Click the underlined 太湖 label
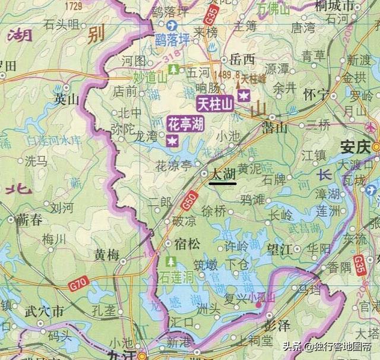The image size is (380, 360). [223, 174]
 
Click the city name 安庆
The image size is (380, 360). [355, 146]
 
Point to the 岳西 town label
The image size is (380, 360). [242, 59]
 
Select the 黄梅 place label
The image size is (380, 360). [106, 255]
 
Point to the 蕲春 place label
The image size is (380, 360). [29, 220]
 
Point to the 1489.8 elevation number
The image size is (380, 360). [229, 75]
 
